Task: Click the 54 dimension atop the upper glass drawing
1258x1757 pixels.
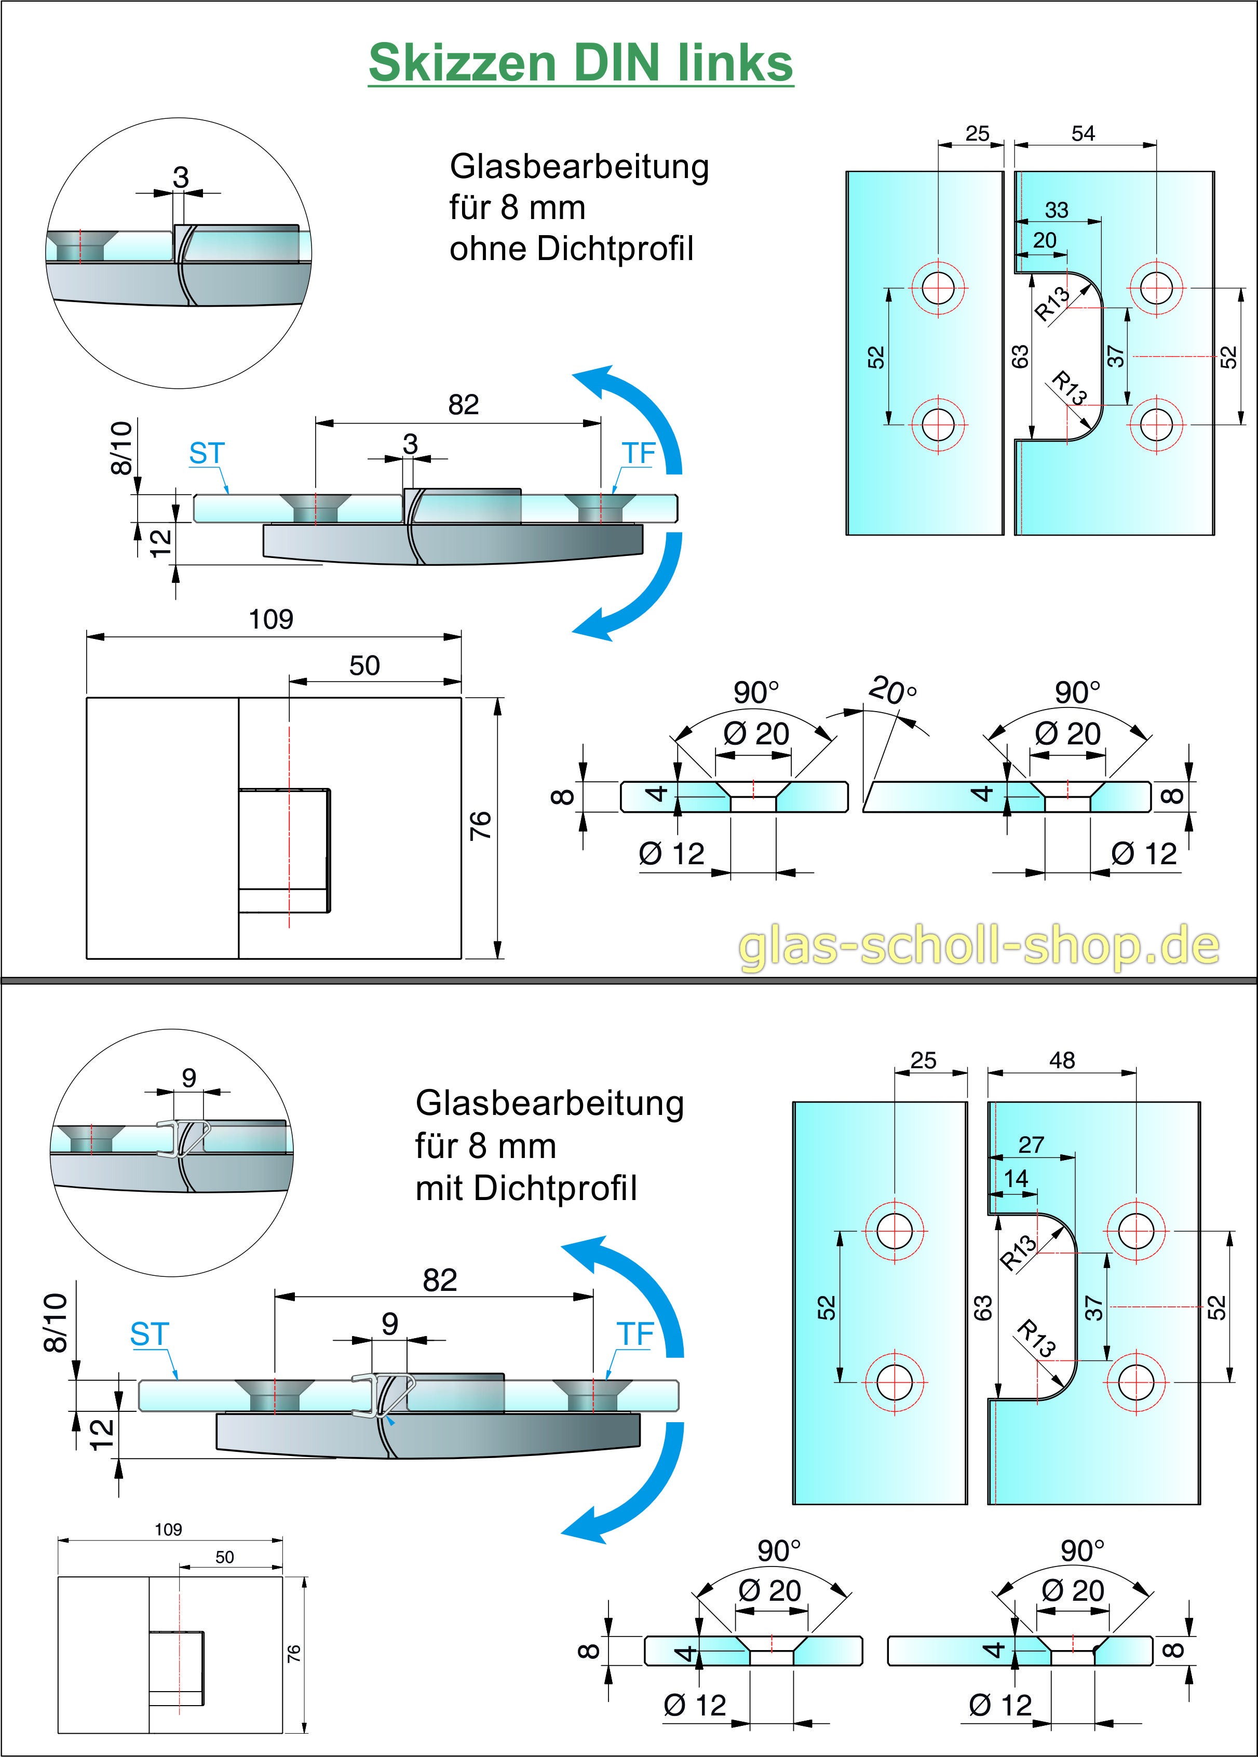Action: pyautogui.click(x=1083, y=133)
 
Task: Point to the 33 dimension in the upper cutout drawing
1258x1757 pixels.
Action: pyautogui.click(x=1057, y=210)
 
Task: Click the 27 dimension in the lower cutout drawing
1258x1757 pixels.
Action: pyautogui.click(x=1031, y=1145)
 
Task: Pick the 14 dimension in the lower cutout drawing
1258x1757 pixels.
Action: pyautogui.click(x=1016, y=1179)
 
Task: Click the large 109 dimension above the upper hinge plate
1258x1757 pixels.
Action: pyautogui.click(x=271, y=619)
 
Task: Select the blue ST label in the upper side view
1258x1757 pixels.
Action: pyautogui.click(x=207, y=454)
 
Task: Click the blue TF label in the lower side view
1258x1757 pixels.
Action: pyautogui.click(x=635, y=1334)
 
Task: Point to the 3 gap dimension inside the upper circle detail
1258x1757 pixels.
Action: pyautogui.click(x=181, y=178)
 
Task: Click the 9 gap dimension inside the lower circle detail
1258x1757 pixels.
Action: pyautogui.click(x=189, y=1078)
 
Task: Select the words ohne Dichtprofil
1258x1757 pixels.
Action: pyautogui.click(x=571, y=249)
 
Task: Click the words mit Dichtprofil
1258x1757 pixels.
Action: pyautogui.click(x=526, y=1188)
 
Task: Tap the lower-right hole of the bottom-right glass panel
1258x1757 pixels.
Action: pyautogui.click(x=1135, y=1382)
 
